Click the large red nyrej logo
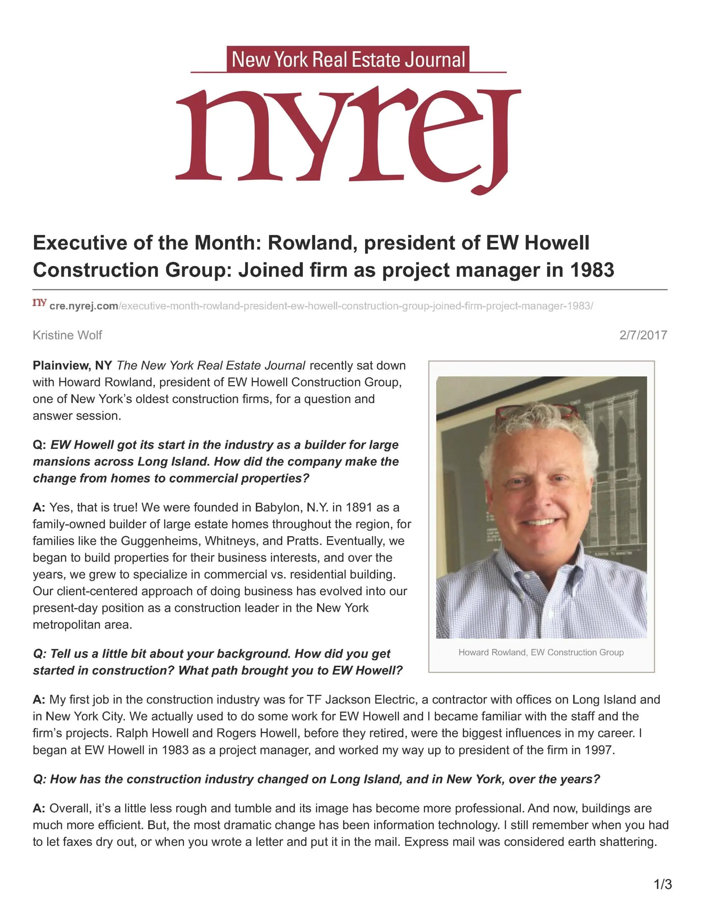click(348, 137)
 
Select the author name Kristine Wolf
click(67, 335)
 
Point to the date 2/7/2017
click(643, 335)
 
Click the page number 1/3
click(662, 884)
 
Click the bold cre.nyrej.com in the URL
click(84, 306)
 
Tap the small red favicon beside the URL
click(39, 303)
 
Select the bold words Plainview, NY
click(72, 365)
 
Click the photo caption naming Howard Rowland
click(541, 652)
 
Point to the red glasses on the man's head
click(537, 412)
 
